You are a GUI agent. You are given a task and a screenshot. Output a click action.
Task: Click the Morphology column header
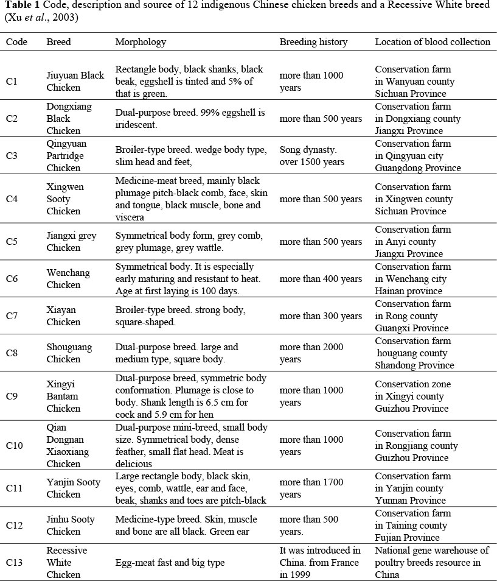click(x=141, y=42)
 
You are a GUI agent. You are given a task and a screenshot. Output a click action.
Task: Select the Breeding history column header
click(x=313, y=42)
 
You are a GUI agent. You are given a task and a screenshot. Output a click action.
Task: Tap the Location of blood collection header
click(x=433, y=42)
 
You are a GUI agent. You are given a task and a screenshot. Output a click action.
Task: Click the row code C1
click(x=12, y=82)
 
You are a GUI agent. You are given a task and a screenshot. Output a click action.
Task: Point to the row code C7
click(x=12, y=316)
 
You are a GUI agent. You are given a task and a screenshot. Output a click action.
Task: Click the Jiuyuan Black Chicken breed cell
click(x=75, y=82)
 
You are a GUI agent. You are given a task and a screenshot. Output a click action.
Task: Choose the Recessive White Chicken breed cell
click(x=67, y=563)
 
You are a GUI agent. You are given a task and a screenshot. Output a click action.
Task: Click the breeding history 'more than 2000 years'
click(x=311, y=353)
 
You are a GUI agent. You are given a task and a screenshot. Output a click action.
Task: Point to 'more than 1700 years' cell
click(x=311, y=488)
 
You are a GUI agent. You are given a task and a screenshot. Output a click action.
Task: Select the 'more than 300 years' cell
click(x=321, y=316)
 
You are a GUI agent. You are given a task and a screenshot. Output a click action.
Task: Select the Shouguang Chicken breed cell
click(x=69, y=353)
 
